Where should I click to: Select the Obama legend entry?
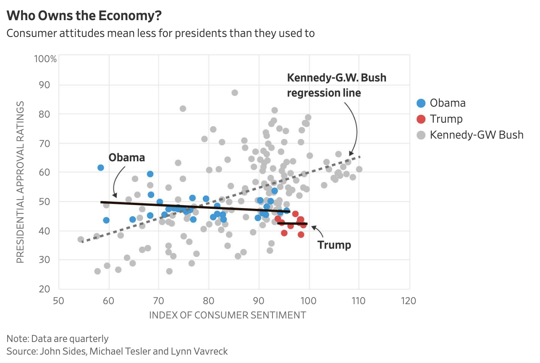[448, 103]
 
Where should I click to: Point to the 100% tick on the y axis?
[45, 58]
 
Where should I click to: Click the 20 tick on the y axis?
[45, 289]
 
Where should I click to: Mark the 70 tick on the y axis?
[45, 143]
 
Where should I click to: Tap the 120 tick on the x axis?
[409, 301]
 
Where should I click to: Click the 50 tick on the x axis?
[59, 301]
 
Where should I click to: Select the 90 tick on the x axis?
[258, 301]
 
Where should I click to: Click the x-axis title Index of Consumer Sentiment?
[228, 315]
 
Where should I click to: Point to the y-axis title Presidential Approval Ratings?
[20, 181]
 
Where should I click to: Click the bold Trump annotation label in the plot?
[334, 245]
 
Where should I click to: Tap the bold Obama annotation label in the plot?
[127, 158]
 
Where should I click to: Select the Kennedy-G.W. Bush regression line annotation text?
[336, 85]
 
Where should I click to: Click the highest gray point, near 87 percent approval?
[235, 92]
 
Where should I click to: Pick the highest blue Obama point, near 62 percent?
[100, 168]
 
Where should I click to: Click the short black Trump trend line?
[293, 224]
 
